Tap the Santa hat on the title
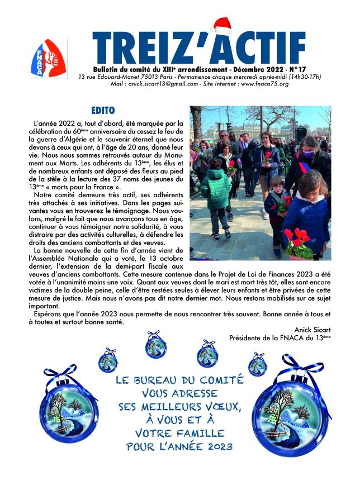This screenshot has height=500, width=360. click(222, 26)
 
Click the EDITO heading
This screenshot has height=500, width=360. click(102, 111)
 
